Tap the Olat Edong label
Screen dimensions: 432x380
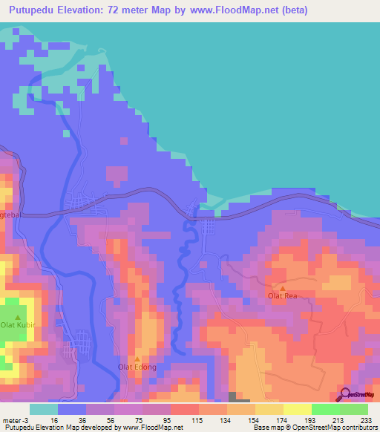(137, 367)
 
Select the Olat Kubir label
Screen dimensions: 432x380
(17, 325)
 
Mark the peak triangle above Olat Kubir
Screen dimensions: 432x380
(17, 317)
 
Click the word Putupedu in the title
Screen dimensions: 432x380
(33, 10)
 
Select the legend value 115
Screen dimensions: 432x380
(198, 419)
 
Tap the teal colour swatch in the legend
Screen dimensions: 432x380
(44, 409)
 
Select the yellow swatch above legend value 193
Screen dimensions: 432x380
(298, 409)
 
